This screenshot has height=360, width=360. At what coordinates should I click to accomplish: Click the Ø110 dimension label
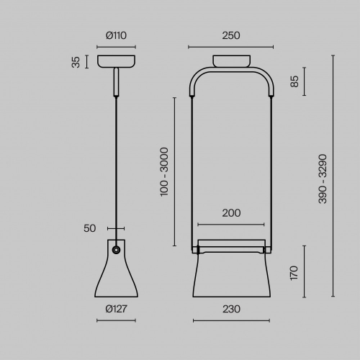(x=116, y=35)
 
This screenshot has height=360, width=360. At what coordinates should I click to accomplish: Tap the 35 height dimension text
(x=76, y=62)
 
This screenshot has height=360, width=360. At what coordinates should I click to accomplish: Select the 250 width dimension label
(x=231, y=35)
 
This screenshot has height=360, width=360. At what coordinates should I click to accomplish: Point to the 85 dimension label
(x=294, y=81)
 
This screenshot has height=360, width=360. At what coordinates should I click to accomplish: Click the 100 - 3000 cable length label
(x=164, y=172)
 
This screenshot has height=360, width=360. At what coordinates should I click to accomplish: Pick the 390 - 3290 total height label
(x=323, y=179)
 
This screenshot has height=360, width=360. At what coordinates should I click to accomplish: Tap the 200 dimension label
(x=231, y=213)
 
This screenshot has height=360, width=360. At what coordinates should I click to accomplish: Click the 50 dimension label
(x=89, y=228)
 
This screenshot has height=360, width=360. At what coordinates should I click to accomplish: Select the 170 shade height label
(x=294, y=273)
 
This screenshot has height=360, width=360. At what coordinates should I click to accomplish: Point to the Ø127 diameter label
(x=116, y=309)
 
